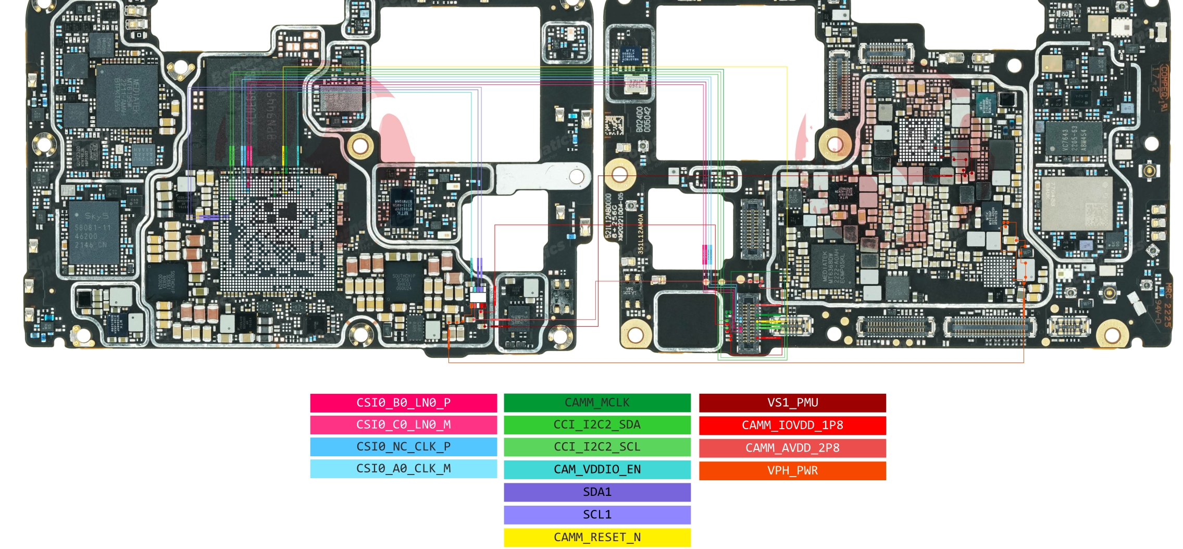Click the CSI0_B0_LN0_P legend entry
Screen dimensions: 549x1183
click(x=403, y=403)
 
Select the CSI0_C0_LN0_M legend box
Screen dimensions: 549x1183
click(x=403, y=425)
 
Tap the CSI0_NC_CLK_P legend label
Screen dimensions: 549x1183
click(x=403, y=446)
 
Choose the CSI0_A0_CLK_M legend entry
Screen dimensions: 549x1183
click(x=403, y=468)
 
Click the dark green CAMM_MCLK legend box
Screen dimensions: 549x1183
click(x=597, y=403)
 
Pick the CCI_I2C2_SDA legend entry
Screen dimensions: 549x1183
click(x=597, y=425)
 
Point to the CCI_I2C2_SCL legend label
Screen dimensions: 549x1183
click(x=597, y=447)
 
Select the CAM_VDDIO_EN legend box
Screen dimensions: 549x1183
click(x=597, y=469)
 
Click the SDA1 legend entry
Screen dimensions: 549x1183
click(x=597, y=492)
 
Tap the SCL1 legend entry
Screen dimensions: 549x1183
click(x=597, y=515)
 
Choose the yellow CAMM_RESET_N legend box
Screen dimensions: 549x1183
click(x=597, y=537)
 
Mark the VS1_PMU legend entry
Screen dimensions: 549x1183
click(x=792, y=403)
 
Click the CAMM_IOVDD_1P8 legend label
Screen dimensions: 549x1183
click(x=792, y=425)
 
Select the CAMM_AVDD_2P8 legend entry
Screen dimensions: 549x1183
click(x=792, y=447)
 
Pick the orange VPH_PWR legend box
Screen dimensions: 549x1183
click(x=792, y=470)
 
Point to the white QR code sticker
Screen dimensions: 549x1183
click(x=614, y=125)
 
